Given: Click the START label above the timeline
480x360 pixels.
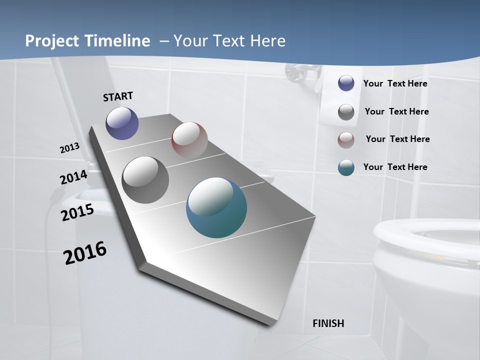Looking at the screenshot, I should [118, 96].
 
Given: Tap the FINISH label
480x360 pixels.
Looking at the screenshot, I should [328, 323].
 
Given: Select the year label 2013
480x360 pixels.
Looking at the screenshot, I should [70, 148].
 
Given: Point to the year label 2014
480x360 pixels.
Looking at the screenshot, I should [73, 177].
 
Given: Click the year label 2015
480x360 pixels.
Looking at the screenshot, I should [77, 212].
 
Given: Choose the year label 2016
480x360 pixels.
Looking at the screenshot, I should [85, 253].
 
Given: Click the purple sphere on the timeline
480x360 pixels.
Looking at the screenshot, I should [122, 123].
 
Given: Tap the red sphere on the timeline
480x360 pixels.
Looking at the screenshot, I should [189, 140].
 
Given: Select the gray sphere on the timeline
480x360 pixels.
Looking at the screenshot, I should [145, 180].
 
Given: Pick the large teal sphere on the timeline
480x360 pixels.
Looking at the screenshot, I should [216, 207].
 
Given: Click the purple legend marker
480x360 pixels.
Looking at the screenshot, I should [346, 83].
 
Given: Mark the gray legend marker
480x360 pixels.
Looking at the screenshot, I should [346, 112].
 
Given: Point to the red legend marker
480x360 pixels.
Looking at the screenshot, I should [346, 140].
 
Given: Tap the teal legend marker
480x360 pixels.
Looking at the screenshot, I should [346, 167].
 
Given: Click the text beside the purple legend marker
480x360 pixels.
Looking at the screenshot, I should [395, 83].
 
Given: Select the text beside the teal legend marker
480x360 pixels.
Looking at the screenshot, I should [395, 167].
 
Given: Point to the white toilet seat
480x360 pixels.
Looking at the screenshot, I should [425, 240].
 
